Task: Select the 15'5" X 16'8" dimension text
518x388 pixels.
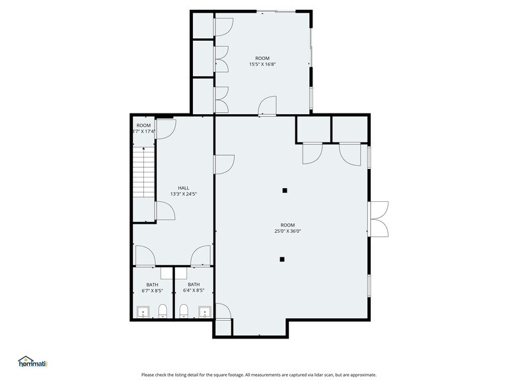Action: pyautogui.click(x=262, y=65)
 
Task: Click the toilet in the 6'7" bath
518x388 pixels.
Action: pyautogui.click(x=163, y=311)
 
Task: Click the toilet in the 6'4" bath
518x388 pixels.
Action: pyautogui.click(x=184, y=311)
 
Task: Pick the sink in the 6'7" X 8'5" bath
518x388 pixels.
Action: pyautogui.click(x=143, y=311)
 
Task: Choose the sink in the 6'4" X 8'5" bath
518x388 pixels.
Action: pyautogui.click(x=204, y=311)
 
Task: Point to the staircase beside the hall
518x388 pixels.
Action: pyautogui.click(x=143, y=172)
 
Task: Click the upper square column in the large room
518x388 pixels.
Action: pyautogui.click(x=285, y=191)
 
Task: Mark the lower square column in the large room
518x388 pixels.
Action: pyautogui.click(x=282, y=259)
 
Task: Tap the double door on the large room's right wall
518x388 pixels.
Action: pyautogui.click(x=379, y=218)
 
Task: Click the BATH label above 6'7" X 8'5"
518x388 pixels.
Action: pyautogui.click(x=152, y=284)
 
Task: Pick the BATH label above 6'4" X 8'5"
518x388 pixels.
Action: pyautogui.click(x=194, y=284)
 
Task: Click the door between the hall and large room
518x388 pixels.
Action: pyautogui.click(x=224, y=163)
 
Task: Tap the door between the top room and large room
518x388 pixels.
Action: pyautogui.click(x=268, y=106)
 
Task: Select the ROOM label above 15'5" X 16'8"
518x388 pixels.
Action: pyautogui.click(x=262, y=58)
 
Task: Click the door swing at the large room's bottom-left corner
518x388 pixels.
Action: pyautogui.click(x=223, y=311)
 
